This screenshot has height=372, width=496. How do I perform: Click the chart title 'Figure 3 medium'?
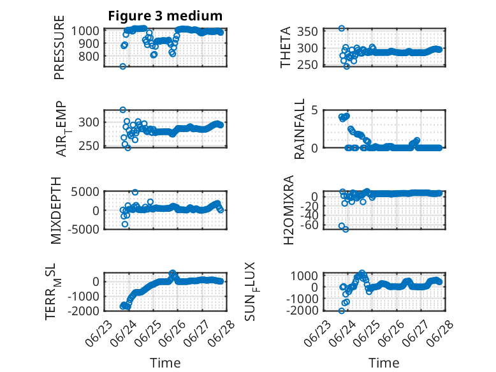coord(165,16)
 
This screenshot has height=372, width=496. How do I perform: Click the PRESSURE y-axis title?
coord(59,47)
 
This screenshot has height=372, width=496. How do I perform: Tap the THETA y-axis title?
coord(286,47)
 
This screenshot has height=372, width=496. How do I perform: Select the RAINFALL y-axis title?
coord(299,129)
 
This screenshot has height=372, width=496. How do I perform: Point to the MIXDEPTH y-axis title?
coord(55,211)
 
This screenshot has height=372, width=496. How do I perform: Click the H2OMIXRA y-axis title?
coord(289,210)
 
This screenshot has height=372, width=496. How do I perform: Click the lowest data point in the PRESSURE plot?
coord(123,66)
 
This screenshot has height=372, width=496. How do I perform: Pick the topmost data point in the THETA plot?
coord(341,29)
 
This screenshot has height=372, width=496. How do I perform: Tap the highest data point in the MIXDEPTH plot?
coord(135,192)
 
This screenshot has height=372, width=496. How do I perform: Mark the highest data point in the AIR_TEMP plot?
coord(123,110)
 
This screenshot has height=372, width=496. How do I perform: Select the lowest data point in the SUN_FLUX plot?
coord(341,311)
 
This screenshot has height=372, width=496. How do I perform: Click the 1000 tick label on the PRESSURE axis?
coord(85,31)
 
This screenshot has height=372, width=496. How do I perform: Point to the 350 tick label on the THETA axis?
coord(307,32)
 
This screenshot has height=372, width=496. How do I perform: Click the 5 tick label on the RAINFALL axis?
coord(314,110)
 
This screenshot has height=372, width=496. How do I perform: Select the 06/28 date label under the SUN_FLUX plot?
coord(441,333)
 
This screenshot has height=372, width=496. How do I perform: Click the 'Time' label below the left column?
coord(165,363)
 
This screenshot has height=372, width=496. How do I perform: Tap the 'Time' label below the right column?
coord(384,363)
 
